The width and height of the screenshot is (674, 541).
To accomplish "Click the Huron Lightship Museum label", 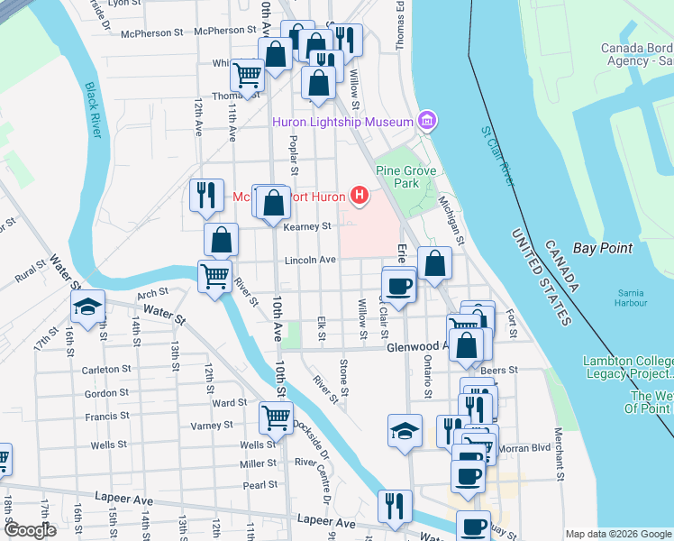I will [344, 121].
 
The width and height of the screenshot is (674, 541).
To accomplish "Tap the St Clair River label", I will [496, 156].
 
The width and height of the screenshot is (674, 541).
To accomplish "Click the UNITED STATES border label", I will [540, 277].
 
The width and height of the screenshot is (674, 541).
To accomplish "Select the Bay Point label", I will [603, 248].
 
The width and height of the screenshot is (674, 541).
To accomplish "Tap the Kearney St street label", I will [308, 226].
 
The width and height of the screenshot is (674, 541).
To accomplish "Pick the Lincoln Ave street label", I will [310, 260].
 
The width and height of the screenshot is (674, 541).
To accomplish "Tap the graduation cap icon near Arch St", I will [87, 308].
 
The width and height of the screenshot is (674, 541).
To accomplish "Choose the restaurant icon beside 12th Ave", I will [205, 194].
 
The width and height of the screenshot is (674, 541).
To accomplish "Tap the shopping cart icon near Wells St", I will [275, 417].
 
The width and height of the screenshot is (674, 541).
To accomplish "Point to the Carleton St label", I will [107, 370].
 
